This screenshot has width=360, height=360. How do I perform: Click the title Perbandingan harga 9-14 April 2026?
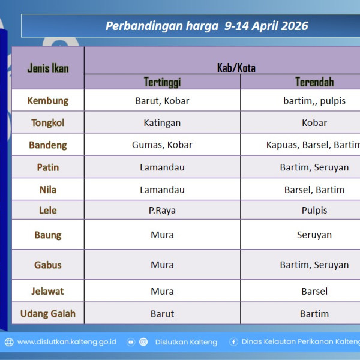[206, 26]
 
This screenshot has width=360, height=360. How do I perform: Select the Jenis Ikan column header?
[48, 68]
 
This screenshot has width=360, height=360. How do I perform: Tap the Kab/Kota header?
[236, 68]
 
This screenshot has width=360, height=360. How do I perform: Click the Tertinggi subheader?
[162, 82]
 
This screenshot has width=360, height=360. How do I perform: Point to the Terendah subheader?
[314, 82]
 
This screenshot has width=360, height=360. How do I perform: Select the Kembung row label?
[48, 101]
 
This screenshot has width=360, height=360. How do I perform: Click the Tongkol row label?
[48, 123]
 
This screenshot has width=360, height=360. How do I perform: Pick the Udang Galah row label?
[48, 314]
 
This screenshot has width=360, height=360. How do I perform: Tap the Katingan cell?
[162, 123]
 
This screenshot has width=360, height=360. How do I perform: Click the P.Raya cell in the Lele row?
[162, 211]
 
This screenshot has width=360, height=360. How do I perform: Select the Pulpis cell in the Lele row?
[314, 211]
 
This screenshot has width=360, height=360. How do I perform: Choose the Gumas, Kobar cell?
[162, 145]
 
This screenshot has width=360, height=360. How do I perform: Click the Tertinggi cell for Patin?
[162, 167]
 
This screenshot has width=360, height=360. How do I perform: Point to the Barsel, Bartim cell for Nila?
[314, 190]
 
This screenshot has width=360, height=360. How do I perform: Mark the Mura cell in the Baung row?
[162, 235]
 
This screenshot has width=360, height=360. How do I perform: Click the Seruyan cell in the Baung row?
[314, 235]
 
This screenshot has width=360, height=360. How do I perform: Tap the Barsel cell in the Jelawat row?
[314, 292]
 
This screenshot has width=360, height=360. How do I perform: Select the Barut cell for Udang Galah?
[162, 314]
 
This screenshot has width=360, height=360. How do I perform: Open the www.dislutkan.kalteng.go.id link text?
[67, 342]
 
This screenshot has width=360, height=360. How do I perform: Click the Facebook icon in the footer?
[233, 342]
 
